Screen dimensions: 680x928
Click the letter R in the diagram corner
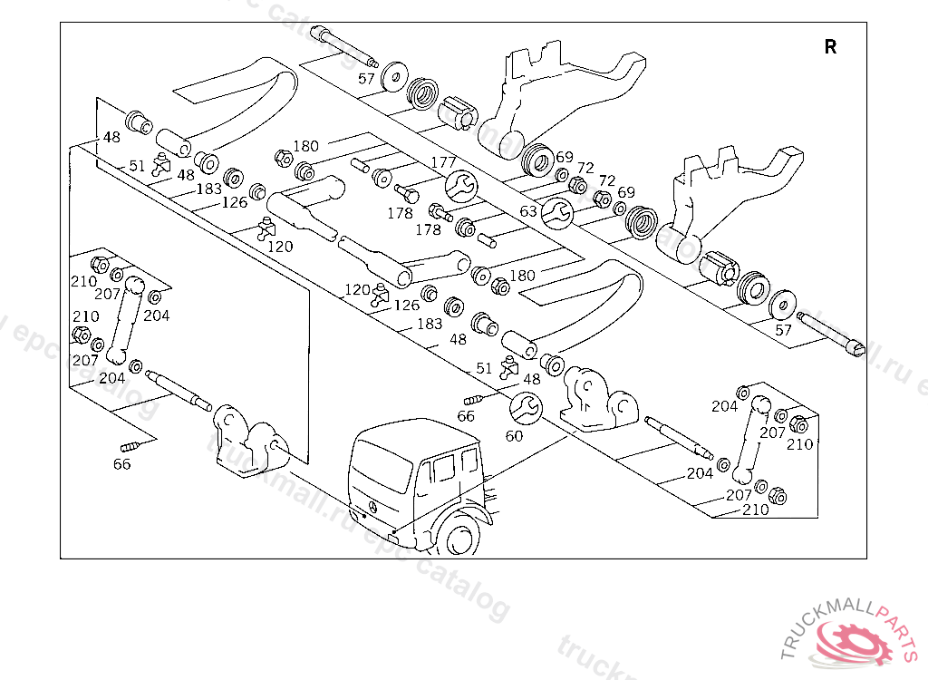(830, 47)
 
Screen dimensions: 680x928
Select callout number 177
(443, 162)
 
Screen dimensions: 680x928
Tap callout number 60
(514, 435)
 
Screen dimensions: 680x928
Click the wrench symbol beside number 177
(461, 186)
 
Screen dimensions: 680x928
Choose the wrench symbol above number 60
(526, 409)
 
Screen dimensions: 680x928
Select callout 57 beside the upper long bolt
(366, 79)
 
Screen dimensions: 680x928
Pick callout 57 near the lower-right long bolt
(783, 330)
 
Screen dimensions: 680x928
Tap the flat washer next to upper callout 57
(393, 76)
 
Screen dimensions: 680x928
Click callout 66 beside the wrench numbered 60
(466, 416)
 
